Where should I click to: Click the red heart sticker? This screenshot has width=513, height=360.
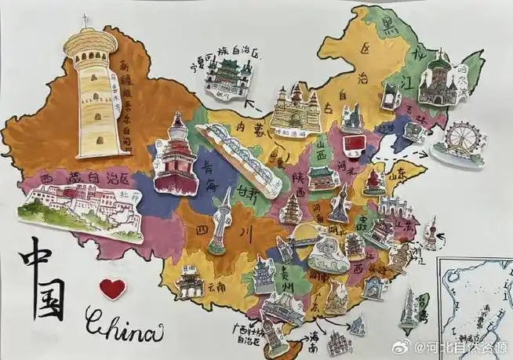tap(112, 288)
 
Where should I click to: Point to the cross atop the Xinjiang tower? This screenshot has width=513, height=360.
tap(85, 20)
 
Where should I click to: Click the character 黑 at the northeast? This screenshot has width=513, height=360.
tap(386, 29)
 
